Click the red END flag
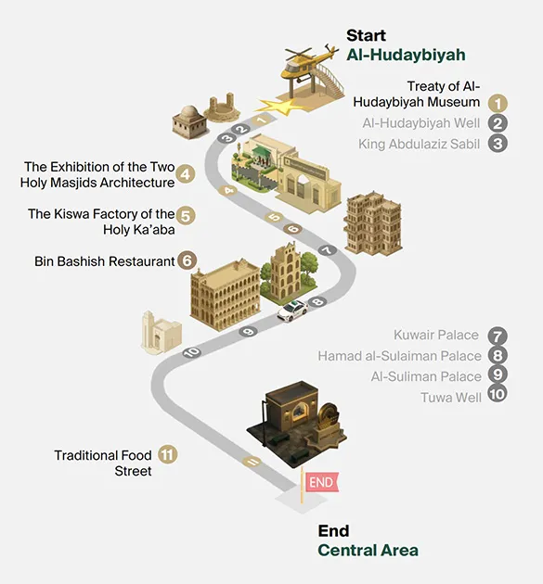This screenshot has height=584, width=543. point(321,482)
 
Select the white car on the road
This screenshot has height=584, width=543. point(292,311)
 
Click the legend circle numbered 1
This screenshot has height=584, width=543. point(498,103)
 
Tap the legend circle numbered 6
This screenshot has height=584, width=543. point(187,260)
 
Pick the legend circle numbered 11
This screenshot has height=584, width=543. point(167,454)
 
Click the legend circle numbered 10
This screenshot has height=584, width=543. point(498,394)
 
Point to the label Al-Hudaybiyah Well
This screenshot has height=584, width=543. point(421,123)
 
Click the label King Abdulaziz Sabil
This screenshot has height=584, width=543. point(420,144)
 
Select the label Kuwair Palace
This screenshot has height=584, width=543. point(436,335)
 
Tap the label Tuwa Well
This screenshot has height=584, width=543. point(451,398)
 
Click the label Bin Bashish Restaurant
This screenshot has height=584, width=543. point(104,261)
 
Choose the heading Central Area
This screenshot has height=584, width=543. point(368,550)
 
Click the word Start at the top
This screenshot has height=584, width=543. point(366,36)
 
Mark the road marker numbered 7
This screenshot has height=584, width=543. point(328,250)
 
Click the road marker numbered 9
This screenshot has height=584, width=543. point(248,331)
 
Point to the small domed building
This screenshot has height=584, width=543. point(189,121)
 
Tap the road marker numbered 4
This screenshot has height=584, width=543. point(228,191)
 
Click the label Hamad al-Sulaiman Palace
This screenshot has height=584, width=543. point(399,356)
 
